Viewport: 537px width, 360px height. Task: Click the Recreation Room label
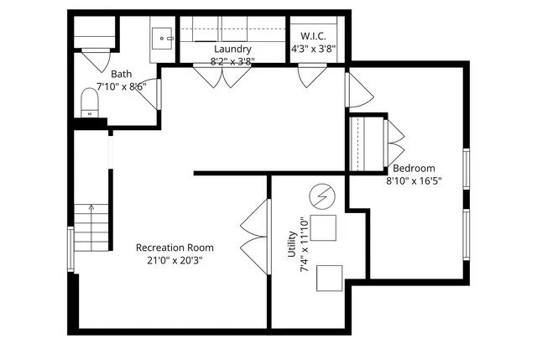coord(175,248)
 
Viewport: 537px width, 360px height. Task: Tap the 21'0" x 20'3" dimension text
coord(175,260)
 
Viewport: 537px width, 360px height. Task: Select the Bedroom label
coord(414,168)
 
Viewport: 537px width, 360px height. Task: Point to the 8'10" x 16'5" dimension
coord(414,180)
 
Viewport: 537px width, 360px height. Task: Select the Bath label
coord(122,74)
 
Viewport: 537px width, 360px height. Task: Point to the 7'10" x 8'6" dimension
coord(122,86)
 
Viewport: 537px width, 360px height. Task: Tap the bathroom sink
coord(164,38)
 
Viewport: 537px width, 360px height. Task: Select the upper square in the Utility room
coord(325,228)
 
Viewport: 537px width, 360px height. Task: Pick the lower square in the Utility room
coord(330,278)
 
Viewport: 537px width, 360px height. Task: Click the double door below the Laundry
coord(222,76)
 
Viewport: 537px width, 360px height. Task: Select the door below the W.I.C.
coord(310,76)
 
